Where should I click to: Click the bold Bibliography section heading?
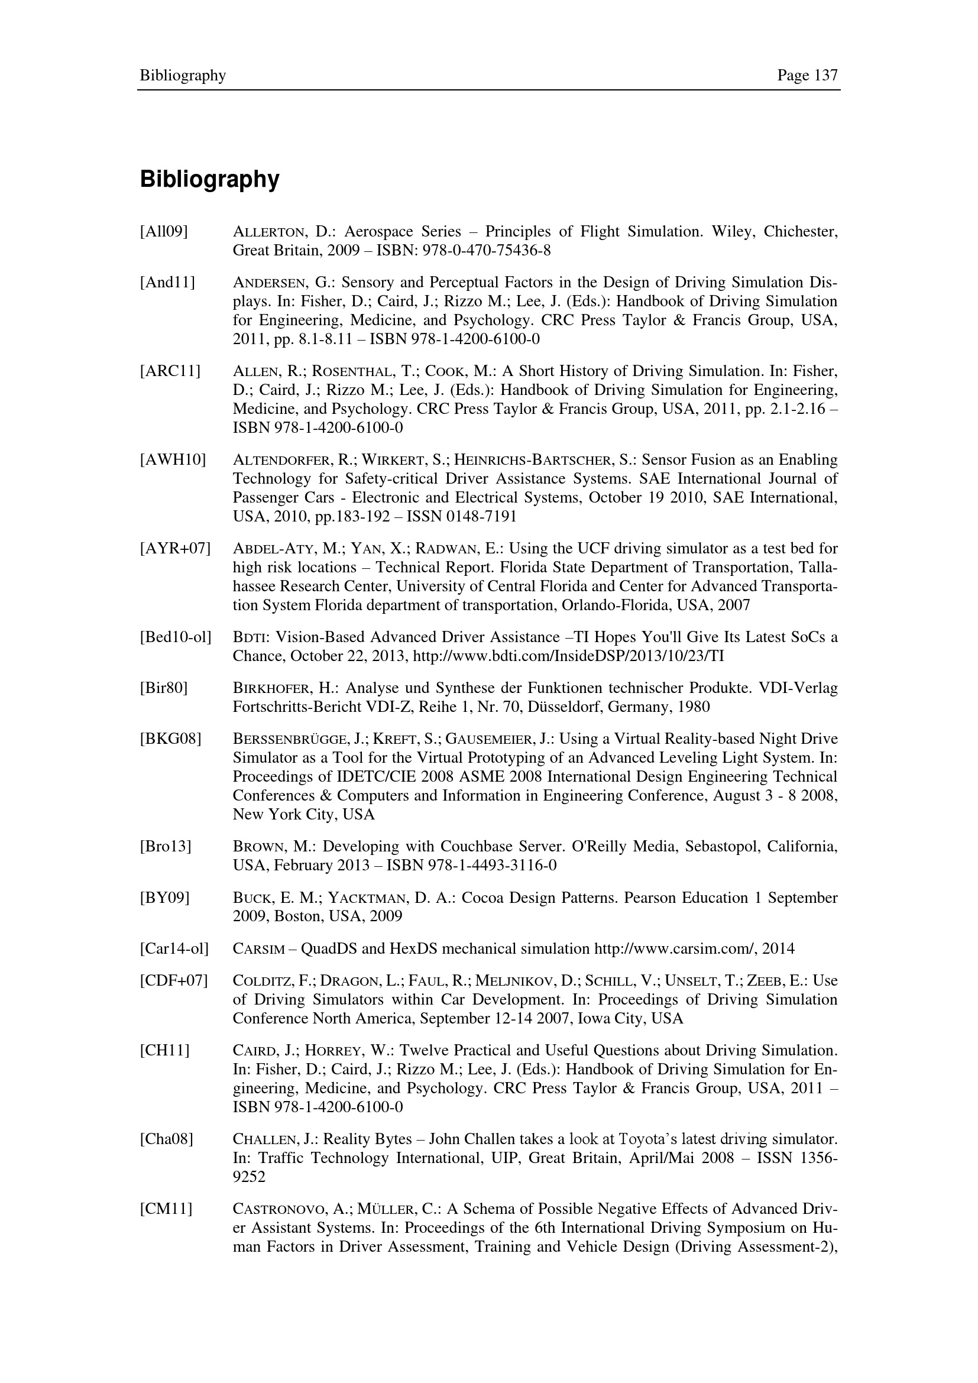pyautogui.click(x=209, y=179)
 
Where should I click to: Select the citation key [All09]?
pyautogui.click(x=164, y=232)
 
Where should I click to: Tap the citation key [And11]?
pyautogui.click(x=167, y=283)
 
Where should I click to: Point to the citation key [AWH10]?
pyautogui.click(x=173, y=460)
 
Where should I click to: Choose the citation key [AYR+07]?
pyautogui.click(x=175, y=549)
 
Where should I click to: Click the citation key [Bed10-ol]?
pyautogui.click(x=175, y=637)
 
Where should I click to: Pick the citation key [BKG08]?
pyautogui.click(x=170, y=739)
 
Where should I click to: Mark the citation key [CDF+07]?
pyautogui.click(x=173, y=980)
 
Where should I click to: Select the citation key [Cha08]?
pyautogui.click(x=167, y=1139)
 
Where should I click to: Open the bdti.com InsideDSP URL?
pyautogui.click(x=568, y=656)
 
